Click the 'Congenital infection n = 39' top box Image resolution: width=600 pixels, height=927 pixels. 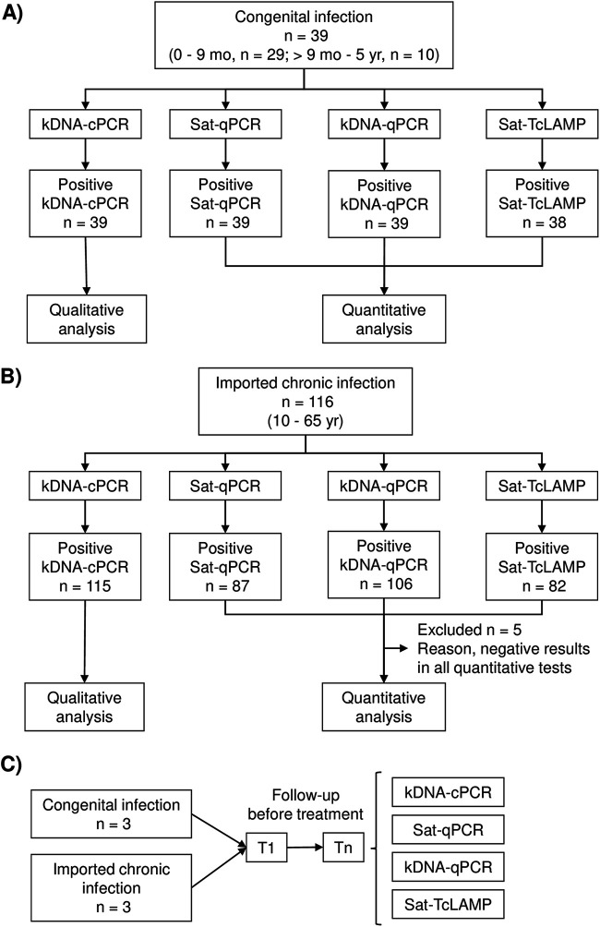pyautogui.click(x=304, y=35)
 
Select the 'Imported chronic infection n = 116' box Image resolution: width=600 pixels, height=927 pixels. pyautogui.click(x=305, y=402)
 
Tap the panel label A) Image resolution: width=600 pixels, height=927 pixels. pyautogui.click(x=12, y=13)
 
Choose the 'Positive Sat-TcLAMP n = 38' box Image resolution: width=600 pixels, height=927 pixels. pyautogui.click(x=542, y=203)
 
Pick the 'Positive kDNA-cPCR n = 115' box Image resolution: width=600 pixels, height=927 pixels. pyautogui.click(x=85, y=567)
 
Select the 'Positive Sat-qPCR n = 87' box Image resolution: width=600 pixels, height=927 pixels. pyautogui.click(x=225, y=567)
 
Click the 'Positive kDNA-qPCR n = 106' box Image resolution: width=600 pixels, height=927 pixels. pyautogui.click(x=384, y=564)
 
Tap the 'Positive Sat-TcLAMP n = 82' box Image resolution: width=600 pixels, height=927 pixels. pyautogui.click(x=542, y=567)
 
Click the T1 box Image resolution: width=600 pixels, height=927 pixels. pyautogui.click(x=266, y=848)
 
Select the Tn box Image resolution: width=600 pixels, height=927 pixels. pyautogui.click(x=343, y=848)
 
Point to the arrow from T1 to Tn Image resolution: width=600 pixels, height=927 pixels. pyautogui.click(x=305, y=848)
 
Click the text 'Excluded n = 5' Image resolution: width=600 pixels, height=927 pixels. pyautogui.click(x=469, y=630)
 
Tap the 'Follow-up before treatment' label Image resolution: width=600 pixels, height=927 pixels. pyautogui.click(x=305, y=804)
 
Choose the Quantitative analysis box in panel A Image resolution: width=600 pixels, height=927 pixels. pyautogui.click(x=384, y=319)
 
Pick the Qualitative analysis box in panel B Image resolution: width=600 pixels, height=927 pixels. pyautogui.click(x=85, y=707)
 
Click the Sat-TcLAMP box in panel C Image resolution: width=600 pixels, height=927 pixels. pyautogui.click(x=448, y=904)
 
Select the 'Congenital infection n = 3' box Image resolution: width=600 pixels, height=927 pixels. pyautogui.click(x=111, y=814)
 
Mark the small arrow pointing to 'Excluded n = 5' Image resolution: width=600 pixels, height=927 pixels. pyautogui.click(x=397, y=648)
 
